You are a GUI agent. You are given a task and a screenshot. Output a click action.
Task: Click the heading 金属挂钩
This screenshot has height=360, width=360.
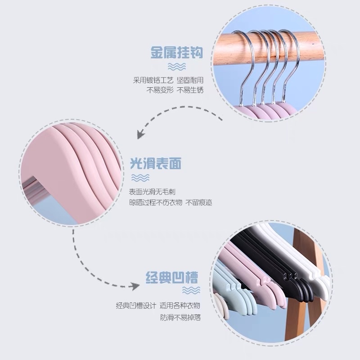pyautogui.click(x=176, y=53)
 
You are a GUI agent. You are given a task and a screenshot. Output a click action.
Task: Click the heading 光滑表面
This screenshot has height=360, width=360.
pyautogui.click(x=156, y=163)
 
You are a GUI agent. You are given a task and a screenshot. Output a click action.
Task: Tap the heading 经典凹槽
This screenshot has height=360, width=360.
pyautogui.click(x=171, y=276)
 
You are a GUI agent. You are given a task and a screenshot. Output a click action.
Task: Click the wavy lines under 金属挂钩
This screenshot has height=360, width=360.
pyautogui.click(x=176, y=67)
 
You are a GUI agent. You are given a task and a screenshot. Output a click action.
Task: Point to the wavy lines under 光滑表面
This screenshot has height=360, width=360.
pyautogui.click(x=139, y=177)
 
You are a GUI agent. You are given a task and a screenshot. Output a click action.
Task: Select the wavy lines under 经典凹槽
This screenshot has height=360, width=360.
pyautogui.click(x=191, y=290)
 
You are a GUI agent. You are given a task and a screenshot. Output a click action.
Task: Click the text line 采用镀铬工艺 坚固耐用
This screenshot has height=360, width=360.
pyautogui.click(x=168, y=80)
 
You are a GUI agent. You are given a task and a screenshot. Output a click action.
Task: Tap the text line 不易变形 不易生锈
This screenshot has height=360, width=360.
pyautogui.click(x=175, y=90)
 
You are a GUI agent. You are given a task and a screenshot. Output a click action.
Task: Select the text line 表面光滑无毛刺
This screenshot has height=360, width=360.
pyautogui.click(x=153, y=192)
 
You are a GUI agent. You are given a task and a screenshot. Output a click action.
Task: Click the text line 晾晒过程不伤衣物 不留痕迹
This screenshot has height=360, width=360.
pyautogui.click(x=171, y=202)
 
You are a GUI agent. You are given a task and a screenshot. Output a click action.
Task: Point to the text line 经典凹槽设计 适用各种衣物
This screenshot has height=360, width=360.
pyautogui.click(x=158, y=306)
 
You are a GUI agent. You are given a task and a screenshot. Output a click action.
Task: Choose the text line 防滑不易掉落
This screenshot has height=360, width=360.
pyautogui.click(x=180, y=317)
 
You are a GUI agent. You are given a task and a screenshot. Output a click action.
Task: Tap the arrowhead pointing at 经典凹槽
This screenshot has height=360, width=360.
pyautogui.click(x=134, y=286)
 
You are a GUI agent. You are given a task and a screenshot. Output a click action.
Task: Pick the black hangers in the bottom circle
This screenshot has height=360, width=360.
pyautogui.click(x=274, y=265)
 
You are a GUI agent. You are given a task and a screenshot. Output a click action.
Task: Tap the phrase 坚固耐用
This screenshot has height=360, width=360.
pyautogui.click(x=190, y=80)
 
